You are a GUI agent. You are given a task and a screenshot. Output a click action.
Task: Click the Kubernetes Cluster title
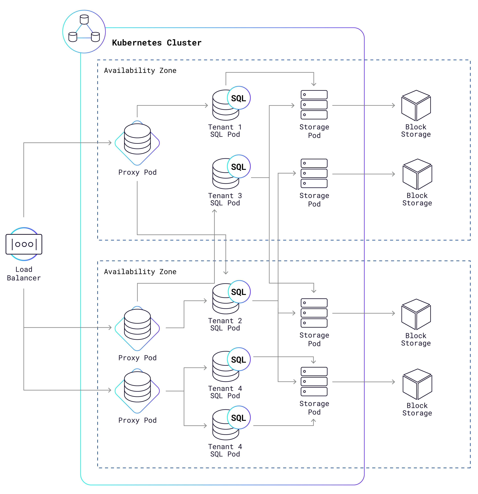(157, 43)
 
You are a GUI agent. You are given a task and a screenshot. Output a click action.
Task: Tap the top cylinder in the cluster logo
(84, 19)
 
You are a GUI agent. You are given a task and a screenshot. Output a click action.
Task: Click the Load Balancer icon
(24, 244)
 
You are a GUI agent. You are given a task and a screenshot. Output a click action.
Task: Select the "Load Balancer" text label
(24, 274)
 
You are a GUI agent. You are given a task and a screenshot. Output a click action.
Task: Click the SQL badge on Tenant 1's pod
(238, 98)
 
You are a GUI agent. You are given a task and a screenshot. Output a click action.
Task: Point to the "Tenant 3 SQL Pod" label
(225, 199)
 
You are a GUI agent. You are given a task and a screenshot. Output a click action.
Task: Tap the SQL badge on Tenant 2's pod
(238, 292)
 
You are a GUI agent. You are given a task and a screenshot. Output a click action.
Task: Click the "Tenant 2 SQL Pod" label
(225, 324)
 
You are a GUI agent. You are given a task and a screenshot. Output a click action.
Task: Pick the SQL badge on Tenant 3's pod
(238, 167)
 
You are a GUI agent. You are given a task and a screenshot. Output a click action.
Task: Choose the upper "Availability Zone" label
(140, 71)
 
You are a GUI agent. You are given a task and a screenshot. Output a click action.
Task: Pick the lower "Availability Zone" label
(140, 272)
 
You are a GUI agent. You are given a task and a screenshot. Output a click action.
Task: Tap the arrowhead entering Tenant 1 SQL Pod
(206, 105)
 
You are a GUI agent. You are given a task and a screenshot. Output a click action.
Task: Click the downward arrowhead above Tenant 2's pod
(226, 273)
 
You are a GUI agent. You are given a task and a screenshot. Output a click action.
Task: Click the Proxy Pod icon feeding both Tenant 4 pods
(137, 391)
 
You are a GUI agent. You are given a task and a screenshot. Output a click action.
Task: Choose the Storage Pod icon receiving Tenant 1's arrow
(314, 105)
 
